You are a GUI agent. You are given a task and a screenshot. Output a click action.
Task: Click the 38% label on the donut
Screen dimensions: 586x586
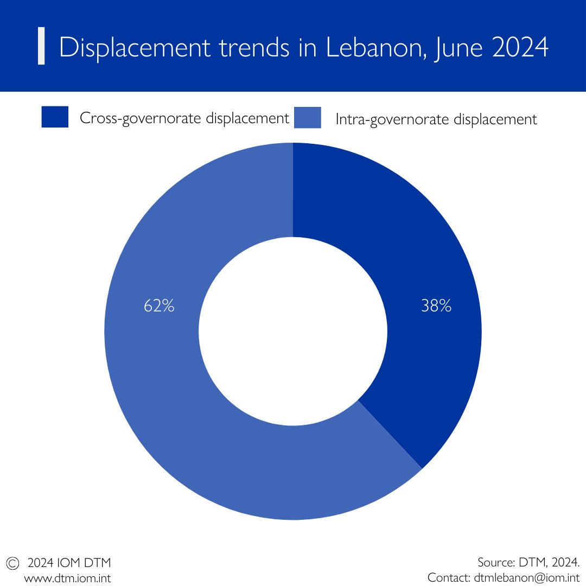[436, 307]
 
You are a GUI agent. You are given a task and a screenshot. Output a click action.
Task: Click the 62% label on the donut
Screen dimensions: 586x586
[159, 307]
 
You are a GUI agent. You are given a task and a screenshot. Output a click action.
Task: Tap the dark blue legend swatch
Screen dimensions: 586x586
[55, 117]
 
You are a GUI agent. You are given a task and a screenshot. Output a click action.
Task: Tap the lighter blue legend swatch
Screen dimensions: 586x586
[308, 118]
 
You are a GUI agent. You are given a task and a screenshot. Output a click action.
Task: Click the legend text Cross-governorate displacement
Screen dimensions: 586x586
[184, 118]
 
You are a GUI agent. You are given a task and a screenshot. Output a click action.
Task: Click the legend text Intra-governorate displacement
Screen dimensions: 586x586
[436, 119]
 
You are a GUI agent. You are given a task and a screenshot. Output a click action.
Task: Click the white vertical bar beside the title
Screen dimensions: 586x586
[41, 47]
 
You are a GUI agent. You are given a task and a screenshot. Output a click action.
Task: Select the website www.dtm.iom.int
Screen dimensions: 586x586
[67, 578]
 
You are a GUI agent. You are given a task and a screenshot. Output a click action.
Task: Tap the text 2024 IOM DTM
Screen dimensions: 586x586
[69, 562]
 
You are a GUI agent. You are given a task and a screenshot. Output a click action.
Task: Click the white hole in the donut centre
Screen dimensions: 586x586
[293, 331]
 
